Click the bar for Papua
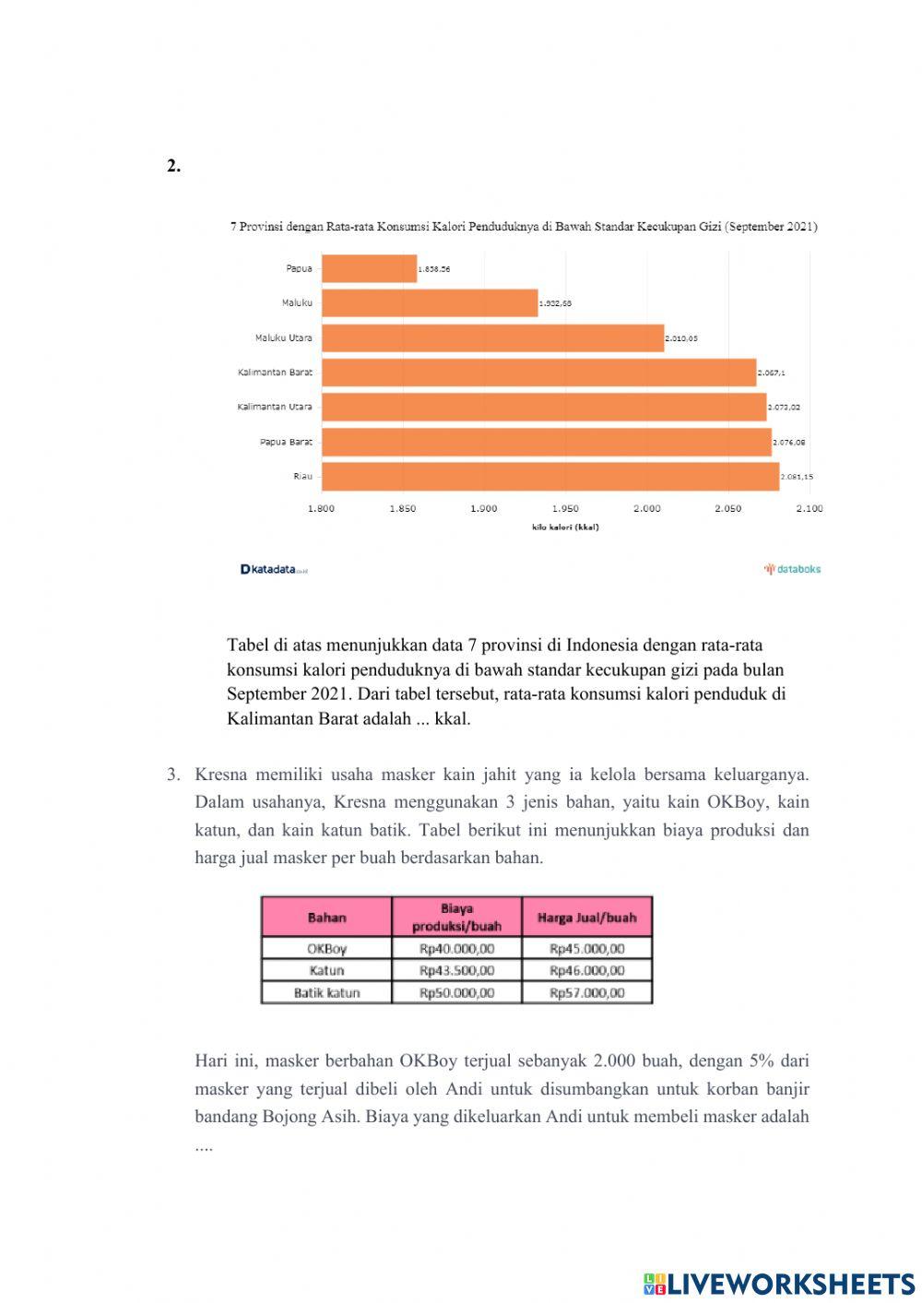tap(369, 268)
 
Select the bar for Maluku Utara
tap(492, 338)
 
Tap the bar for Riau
tap(550, 477)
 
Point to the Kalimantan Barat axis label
tap(275, 373)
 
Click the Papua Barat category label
tap(286, 443)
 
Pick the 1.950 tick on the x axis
tap(565, 509)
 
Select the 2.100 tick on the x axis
tap(809, 509)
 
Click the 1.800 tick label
tap(321, 509)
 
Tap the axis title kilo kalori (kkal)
tap(565, 527)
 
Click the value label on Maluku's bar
tap(555, 303)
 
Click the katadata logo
tap(273, 570)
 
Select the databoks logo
tap(792, 569)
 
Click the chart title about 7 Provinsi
tap(523, 226)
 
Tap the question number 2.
tap(173, 166)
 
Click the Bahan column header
tap(326, 918)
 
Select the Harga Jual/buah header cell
tap(586, 918)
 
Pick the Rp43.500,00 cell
tap(456, 971)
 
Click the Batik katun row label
tap(326, 993)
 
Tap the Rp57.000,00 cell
tap(586, 993)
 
